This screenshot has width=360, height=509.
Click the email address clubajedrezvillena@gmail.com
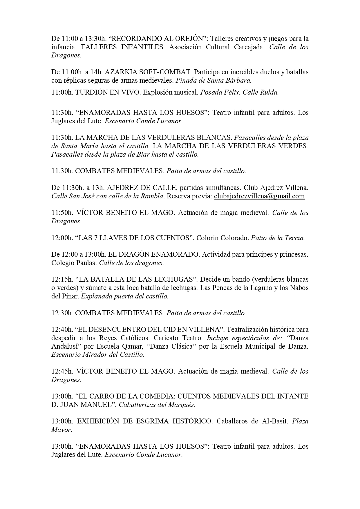pyautogui.click(x=259, y=196)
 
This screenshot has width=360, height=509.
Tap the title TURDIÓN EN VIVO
pyautogui.click(x=108, y=93)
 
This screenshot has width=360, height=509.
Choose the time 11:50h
pyautogui.click(x=62, y=213)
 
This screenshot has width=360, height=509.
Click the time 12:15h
pyautogui.click(x=62, y=279)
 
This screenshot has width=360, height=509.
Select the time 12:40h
pyautogui.click(x=62, y=329)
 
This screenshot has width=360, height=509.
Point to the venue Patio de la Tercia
pyautogui.click(x=278, y=238)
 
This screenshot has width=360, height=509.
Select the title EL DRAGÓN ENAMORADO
pyautogui.click(x=153, y=254)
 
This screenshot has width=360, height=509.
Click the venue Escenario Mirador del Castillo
pyautogui.click(x=97, y=354)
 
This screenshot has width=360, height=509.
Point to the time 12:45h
pyautogui.click(x=62, y=371)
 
